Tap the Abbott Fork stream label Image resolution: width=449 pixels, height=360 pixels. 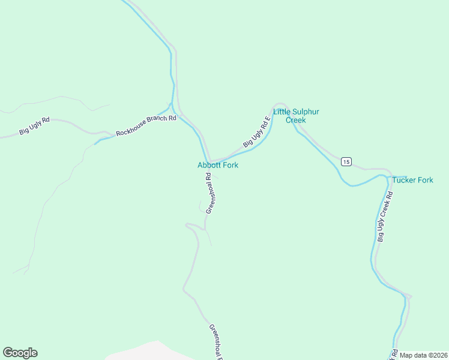pyautogui.click(x=218, y=165)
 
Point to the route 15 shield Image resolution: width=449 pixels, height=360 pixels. pyautogui.click(x=346, y=161)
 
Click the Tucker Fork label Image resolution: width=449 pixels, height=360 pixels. pyautogui.click(x=412, y=180)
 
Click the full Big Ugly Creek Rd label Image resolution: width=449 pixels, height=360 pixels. pyautogui.click(x=385, y=217)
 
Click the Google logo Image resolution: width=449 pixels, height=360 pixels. pyautogui.click(x=20, y=353)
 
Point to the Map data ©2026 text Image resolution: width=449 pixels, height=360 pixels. pyautogui.click(x=424, y=355)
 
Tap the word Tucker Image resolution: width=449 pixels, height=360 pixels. pyautogui.click(x=403, y=180)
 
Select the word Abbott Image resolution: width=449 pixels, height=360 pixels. pyautogui.click(x=209, y=165)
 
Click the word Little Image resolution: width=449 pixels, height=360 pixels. pyautogui.click(x=282, y=112)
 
